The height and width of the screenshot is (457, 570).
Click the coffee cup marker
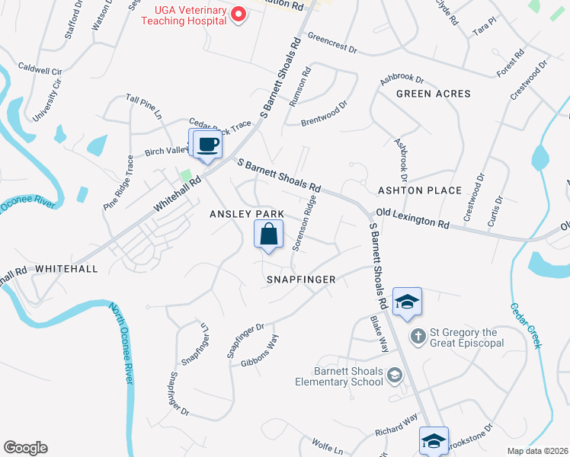click(207, 144)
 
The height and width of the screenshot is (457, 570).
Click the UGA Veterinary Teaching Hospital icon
click(239, 14)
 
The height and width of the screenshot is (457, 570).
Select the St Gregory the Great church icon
click(418, 336)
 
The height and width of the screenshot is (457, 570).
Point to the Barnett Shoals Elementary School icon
click(394, 374)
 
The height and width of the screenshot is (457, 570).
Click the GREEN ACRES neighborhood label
click(433, 94)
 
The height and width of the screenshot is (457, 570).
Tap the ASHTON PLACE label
click(420, 190)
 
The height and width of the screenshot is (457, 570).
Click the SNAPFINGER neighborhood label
click(301, 280)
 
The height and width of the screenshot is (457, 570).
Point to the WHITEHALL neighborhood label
click(66, 269)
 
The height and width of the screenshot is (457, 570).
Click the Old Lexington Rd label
click(411, 219)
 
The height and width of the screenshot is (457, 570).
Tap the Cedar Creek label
click(526, 323)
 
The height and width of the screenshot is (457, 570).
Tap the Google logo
click(25, 448)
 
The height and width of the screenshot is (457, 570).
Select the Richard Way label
click(396, 426)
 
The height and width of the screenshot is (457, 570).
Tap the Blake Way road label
click(379, 334)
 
